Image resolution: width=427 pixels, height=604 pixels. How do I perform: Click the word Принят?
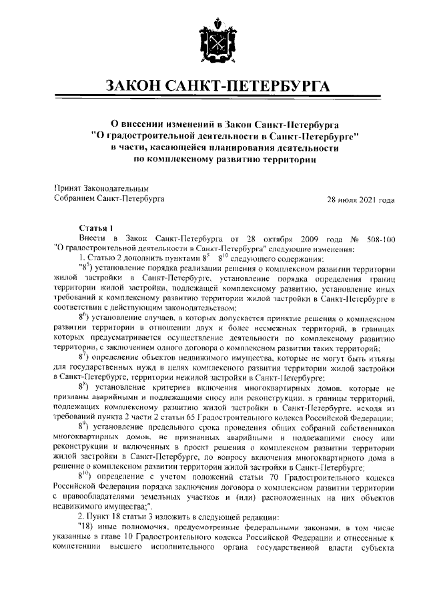click(67, 189)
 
